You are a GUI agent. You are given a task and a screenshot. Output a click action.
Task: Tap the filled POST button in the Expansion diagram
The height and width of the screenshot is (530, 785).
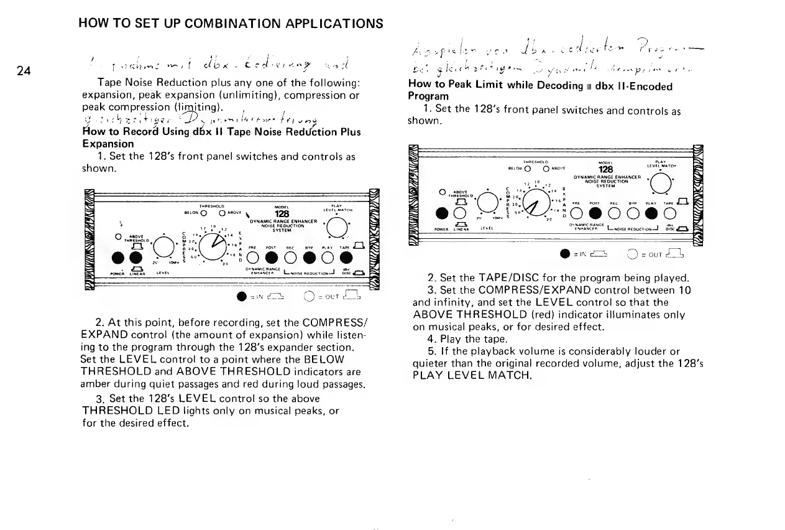point(272,257)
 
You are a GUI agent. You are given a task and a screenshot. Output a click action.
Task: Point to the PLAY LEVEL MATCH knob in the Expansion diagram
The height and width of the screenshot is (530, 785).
point(337,230)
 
